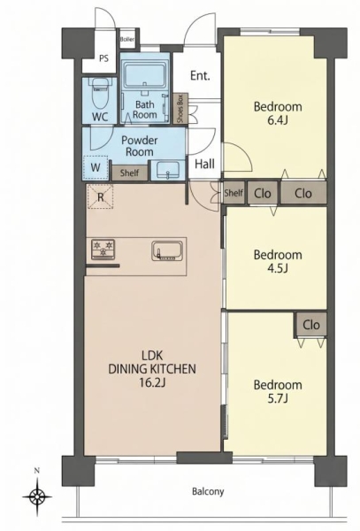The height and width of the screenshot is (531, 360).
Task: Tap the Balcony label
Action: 208,491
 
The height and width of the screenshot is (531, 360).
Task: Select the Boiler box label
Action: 127,39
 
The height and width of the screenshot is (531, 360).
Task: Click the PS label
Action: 103,58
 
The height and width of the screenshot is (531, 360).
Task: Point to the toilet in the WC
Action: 99,94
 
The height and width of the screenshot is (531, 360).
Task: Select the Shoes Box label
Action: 180,108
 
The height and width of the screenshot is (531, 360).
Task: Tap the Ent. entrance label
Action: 200,75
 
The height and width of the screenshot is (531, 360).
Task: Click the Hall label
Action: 204,165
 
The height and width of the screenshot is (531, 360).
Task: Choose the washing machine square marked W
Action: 96,167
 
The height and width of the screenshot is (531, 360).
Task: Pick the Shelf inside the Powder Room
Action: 130,173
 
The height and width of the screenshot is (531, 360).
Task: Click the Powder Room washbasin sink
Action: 168,170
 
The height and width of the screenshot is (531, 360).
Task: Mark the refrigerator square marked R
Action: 100,196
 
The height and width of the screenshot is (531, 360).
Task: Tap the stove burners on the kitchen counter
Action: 103,250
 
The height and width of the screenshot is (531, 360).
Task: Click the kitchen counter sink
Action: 167,251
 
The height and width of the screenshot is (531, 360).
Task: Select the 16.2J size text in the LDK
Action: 152,382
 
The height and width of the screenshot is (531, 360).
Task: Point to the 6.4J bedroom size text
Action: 278,120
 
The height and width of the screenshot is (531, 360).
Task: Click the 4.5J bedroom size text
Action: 278,268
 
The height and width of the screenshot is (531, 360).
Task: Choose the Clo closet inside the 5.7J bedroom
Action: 311,325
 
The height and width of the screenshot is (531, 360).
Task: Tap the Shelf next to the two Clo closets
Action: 234,193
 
